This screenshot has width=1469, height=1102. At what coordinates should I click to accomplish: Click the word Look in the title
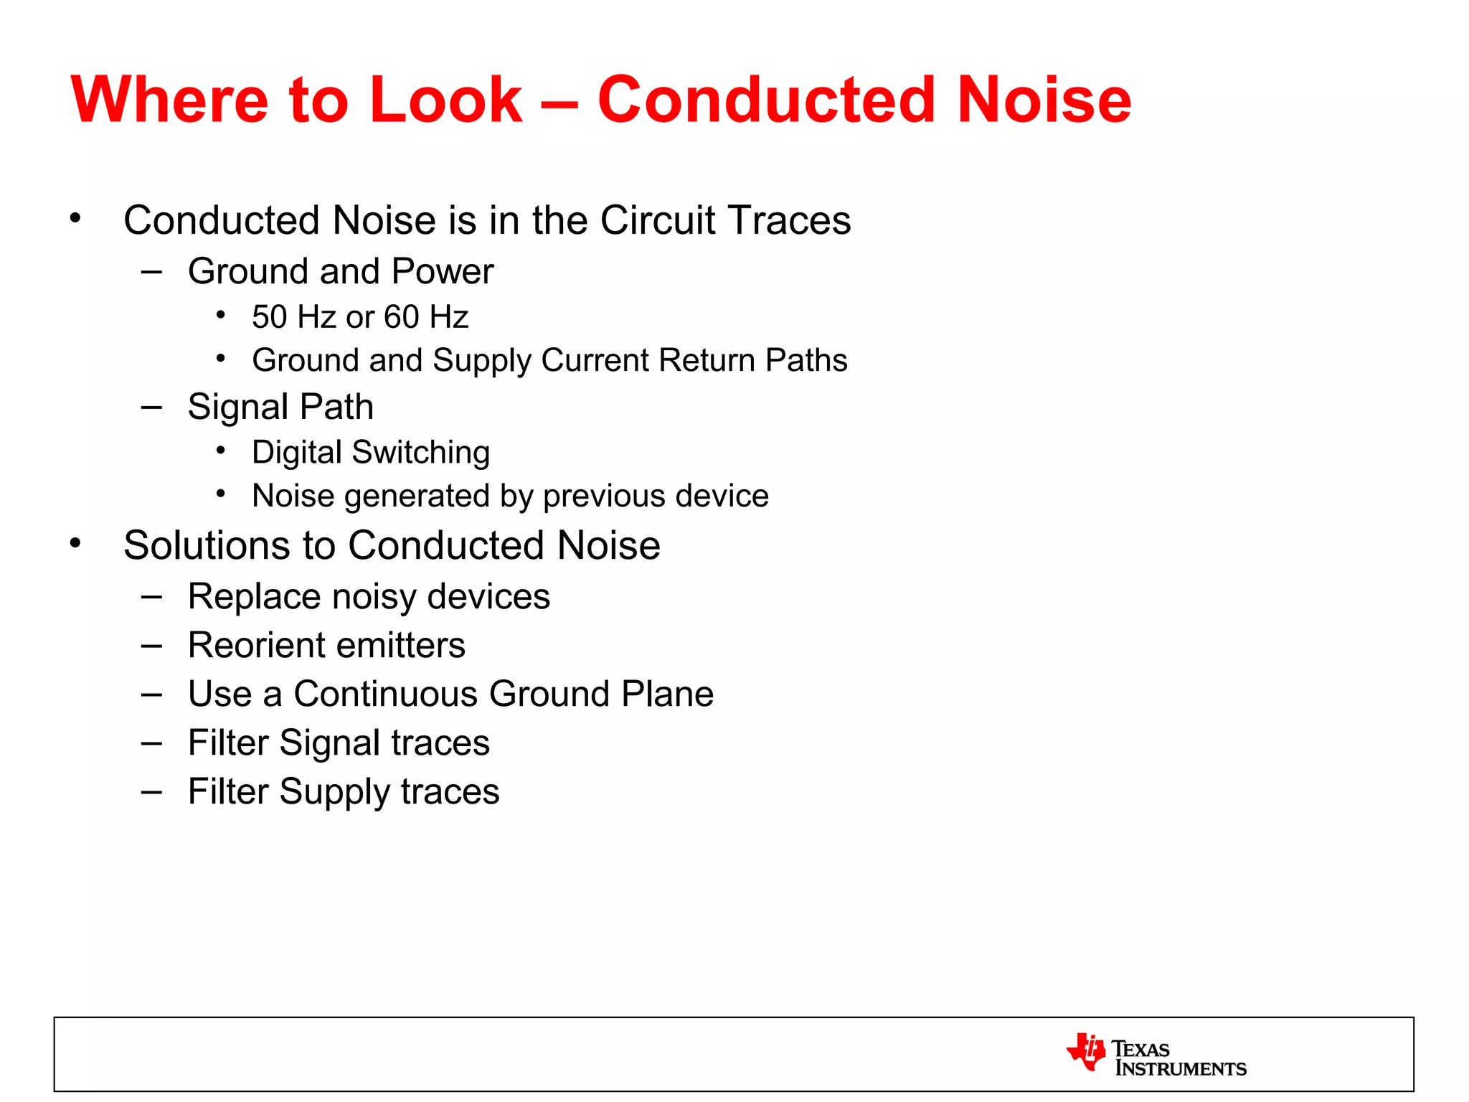445,100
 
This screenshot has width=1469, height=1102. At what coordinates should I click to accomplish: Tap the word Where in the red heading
169,100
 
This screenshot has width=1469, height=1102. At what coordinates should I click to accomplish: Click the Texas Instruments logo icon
1086,1052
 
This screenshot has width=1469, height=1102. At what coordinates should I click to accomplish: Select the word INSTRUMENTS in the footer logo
1181,1069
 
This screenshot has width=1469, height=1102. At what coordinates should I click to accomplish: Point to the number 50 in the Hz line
269,317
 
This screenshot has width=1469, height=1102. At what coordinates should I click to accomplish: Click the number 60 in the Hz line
401,317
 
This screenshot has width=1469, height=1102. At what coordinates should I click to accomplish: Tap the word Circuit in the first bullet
657,220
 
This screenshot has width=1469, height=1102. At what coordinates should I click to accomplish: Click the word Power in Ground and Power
443,272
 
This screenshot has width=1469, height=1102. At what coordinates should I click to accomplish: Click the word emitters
400,645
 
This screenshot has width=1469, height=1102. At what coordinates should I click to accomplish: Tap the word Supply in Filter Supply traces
334,793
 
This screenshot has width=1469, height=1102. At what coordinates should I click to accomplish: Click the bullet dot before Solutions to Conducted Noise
75,543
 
